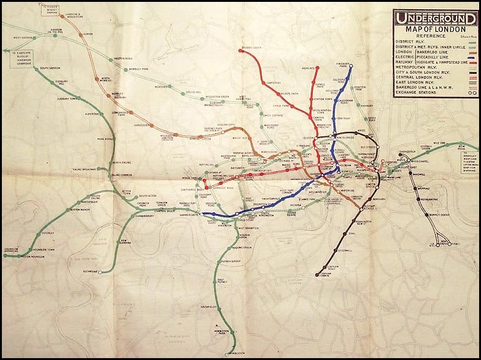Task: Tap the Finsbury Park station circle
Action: [x=350, y=66]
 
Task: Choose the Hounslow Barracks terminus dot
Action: [x=5, y=256]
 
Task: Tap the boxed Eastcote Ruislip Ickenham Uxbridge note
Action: [x=22, y=57]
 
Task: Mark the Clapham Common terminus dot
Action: [x=319, y=272]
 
